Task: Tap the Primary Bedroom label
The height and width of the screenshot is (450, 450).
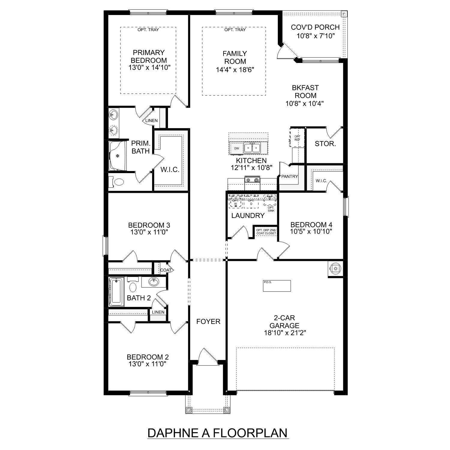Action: (x=149, y=56)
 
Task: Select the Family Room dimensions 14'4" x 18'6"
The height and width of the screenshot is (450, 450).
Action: (x=235, y=70)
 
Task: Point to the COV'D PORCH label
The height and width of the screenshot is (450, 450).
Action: (x=315, y=27)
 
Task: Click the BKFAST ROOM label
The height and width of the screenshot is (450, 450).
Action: (x=305, y=92)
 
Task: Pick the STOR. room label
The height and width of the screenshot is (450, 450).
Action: (x=325, y=144)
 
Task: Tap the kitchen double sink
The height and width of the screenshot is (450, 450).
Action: (x=252, y=148)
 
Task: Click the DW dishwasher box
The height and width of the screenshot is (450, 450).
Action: (x=237, y=148)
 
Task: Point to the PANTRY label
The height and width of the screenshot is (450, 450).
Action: (x=289, y=176)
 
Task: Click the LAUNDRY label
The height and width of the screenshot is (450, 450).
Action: (x=248, y=215)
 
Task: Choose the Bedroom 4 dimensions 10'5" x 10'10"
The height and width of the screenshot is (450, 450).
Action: (x=311, y=232)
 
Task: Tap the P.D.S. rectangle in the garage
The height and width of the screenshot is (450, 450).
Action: (x=277, y=286)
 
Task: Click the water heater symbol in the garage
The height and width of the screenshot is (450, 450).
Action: (x=335, y=268)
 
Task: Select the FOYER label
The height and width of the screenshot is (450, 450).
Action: (x=208, y=322)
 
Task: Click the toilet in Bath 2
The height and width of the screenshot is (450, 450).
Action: (x=133, y=286)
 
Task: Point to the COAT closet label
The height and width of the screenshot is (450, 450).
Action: (x=166, y=270)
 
